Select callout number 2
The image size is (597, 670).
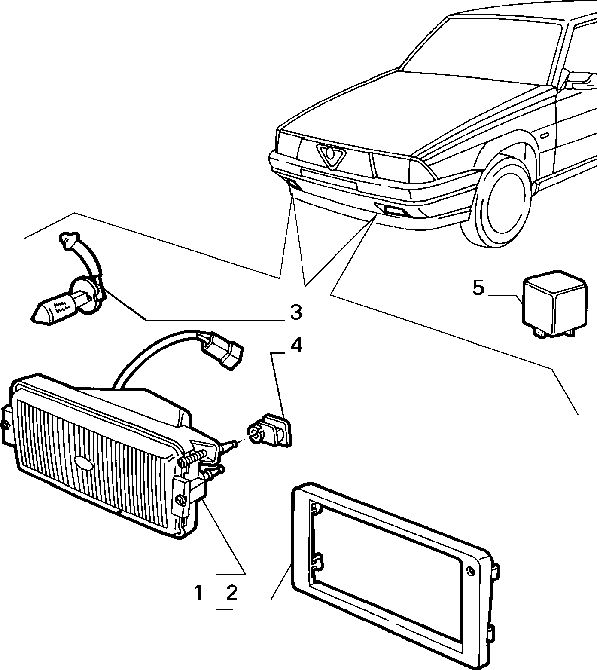coord(231,594)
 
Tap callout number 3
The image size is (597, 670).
coord(296,313)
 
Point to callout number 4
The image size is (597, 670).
coord(296,346)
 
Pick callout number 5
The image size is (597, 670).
coord(478,288)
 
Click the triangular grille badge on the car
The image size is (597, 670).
coord(331,156)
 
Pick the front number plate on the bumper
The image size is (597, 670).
coord(329,178)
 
